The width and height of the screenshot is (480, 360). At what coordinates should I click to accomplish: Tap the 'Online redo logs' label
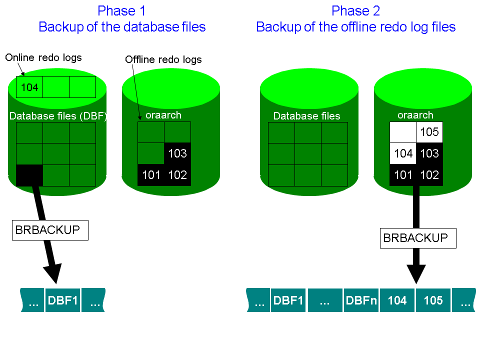tap(43, 57)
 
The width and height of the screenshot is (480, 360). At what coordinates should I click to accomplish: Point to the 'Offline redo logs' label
tap(163, 59)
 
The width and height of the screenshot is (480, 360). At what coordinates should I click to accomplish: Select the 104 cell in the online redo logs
tap(29, 87)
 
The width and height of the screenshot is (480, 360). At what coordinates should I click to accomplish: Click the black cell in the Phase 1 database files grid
tap(29, 175)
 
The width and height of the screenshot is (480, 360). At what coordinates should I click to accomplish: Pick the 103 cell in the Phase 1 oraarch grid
tap(177, 153)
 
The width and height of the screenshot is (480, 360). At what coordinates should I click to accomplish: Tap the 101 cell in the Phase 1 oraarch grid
tap(151, 175)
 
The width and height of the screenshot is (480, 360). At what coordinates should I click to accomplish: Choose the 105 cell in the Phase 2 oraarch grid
tap(429, 132)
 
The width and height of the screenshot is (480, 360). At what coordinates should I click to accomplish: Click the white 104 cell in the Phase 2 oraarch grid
tap(403, 153)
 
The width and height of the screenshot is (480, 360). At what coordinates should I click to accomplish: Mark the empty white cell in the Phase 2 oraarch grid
tap(403, 132)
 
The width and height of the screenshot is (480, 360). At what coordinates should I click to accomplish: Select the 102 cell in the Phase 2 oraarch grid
tap(429, 175)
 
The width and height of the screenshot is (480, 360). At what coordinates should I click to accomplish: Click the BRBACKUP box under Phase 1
tap(50, 230)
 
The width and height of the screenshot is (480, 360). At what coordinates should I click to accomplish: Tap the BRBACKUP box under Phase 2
tap(418, 238)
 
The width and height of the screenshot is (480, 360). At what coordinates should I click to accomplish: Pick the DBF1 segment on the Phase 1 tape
tap(63, 300)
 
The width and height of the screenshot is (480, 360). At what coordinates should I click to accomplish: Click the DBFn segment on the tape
tap(361, 300)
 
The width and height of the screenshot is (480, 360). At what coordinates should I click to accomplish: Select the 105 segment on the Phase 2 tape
tap(433, 300)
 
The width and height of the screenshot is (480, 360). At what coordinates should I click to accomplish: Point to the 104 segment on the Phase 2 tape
tap(397, 300)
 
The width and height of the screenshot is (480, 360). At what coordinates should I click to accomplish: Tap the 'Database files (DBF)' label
tap(58, 116)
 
